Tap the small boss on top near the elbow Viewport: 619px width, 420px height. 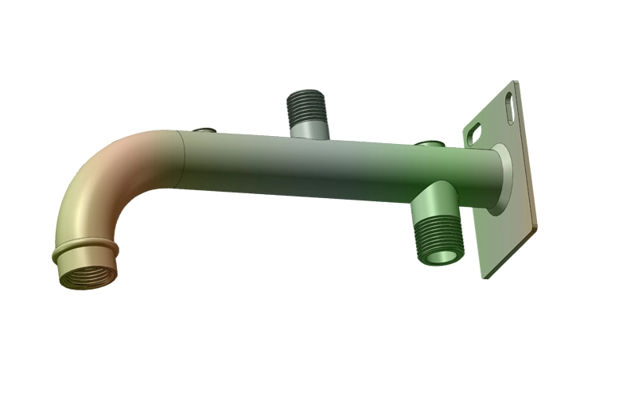click(x=204, y=129)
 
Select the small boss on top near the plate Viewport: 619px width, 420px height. click(x=430, y=144)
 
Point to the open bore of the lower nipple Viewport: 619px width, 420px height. click(x=438, y=255)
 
